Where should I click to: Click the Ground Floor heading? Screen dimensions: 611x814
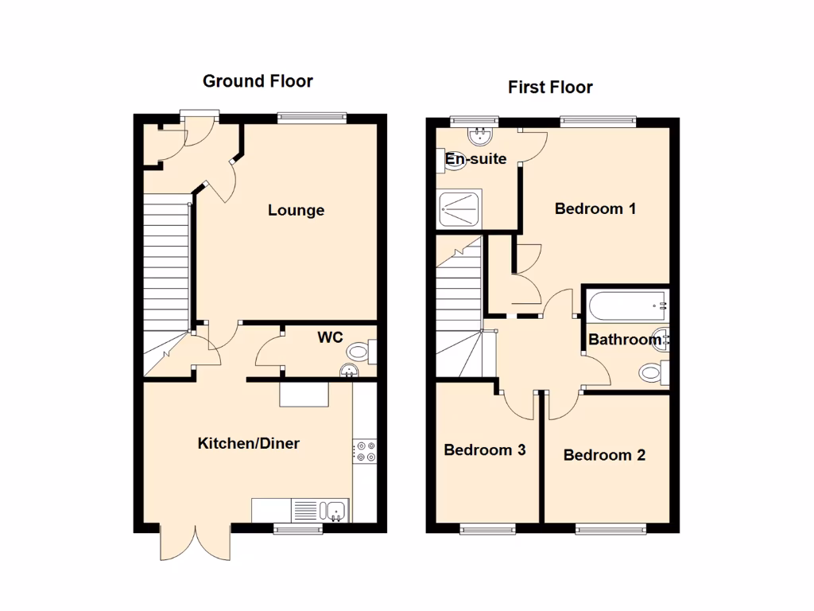[258, 81]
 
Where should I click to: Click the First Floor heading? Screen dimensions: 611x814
[550, 88]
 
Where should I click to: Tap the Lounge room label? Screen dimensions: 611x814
[296, 211]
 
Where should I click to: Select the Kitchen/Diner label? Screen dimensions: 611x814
[248, 443]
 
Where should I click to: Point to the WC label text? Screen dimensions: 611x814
[330, 337]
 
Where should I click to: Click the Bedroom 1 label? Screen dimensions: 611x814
[595, 209]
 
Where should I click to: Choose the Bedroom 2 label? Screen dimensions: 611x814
[604, 455]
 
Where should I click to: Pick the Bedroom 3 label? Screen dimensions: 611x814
[484, 450]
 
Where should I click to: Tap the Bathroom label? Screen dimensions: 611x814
[625, 340]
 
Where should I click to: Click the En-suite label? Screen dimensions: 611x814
[475, 159]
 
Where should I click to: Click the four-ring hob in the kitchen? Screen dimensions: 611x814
[366, 451]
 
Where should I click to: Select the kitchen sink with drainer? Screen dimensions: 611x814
[320, 510]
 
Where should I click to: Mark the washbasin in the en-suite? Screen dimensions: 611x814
[480, 137]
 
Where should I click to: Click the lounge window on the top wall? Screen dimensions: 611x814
[312, 119]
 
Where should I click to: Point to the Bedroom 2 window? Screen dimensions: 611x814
[610, 528]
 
